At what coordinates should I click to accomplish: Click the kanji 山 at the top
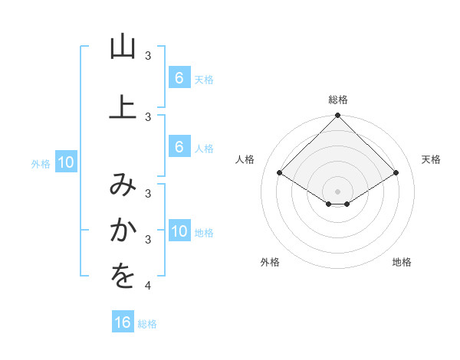point(123,47)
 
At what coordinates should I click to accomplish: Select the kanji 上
point(123,106)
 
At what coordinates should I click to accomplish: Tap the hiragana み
point(123,184)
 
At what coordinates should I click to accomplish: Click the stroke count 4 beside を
point(148,286)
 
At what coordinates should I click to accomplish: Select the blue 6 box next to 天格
point(179,77)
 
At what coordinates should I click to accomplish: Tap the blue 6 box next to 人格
point(179,147)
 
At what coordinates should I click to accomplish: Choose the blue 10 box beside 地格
point(179,232)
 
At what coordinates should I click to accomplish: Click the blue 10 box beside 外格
point(65,162)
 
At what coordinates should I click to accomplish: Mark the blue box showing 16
point(123,322)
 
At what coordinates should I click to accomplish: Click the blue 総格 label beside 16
point(147,324)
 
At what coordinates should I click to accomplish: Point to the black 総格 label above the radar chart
point(337,100)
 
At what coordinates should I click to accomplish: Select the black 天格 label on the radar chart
point(431,159)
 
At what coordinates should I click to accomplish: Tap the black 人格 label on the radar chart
point(245,159)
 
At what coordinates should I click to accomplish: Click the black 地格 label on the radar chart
point(402,262)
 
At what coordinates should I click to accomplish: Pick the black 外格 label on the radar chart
point(270,262)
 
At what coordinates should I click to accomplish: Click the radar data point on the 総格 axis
point(337,116)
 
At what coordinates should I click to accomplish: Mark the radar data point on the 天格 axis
point(396,173)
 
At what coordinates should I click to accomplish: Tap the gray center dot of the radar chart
point(337,191)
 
